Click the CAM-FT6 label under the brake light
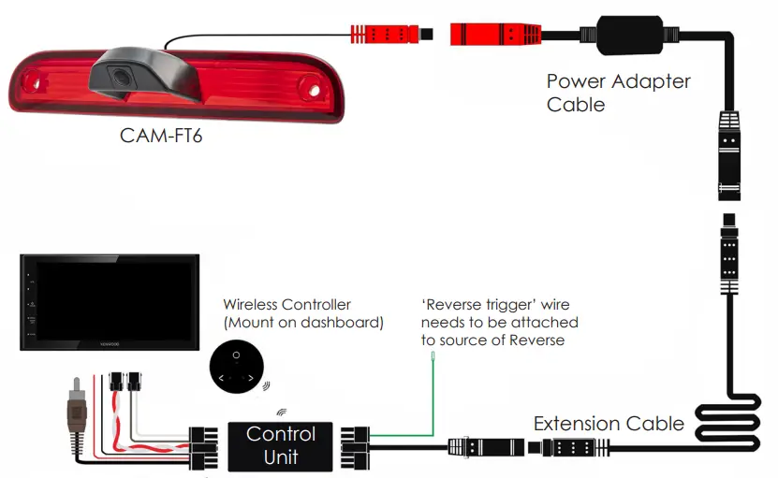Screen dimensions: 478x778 [161, 136]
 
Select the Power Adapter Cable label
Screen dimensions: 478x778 [618, 93]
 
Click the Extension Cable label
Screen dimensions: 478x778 [609, 424]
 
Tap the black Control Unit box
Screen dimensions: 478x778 [281, 445]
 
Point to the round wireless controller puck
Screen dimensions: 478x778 [235, 368]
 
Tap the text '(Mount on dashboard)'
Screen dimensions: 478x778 [303, 324]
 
